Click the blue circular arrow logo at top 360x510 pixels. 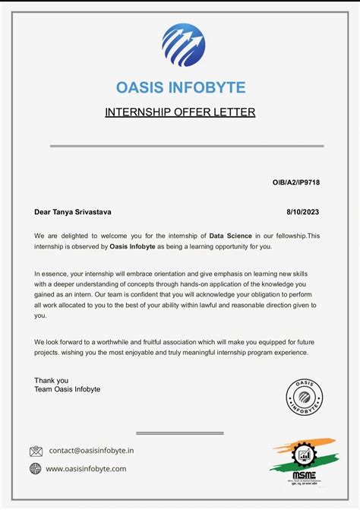tap(183, 46)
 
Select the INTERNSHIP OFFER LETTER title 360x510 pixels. tap(180, 112)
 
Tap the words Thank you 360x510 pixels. tap(51, 380)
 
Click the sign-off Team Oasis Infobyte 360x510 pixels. tap(67, 389)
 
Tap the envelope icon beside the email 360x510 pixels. tap(36, 451)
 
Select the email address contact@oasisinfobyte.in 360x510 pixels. tap(91, 451)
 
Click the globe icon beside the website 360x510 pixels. tap(36, 469)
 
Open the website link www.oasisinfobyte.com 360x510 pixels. tap(86, 469)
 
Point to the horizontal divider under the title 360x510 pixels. tap(187, 146)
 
